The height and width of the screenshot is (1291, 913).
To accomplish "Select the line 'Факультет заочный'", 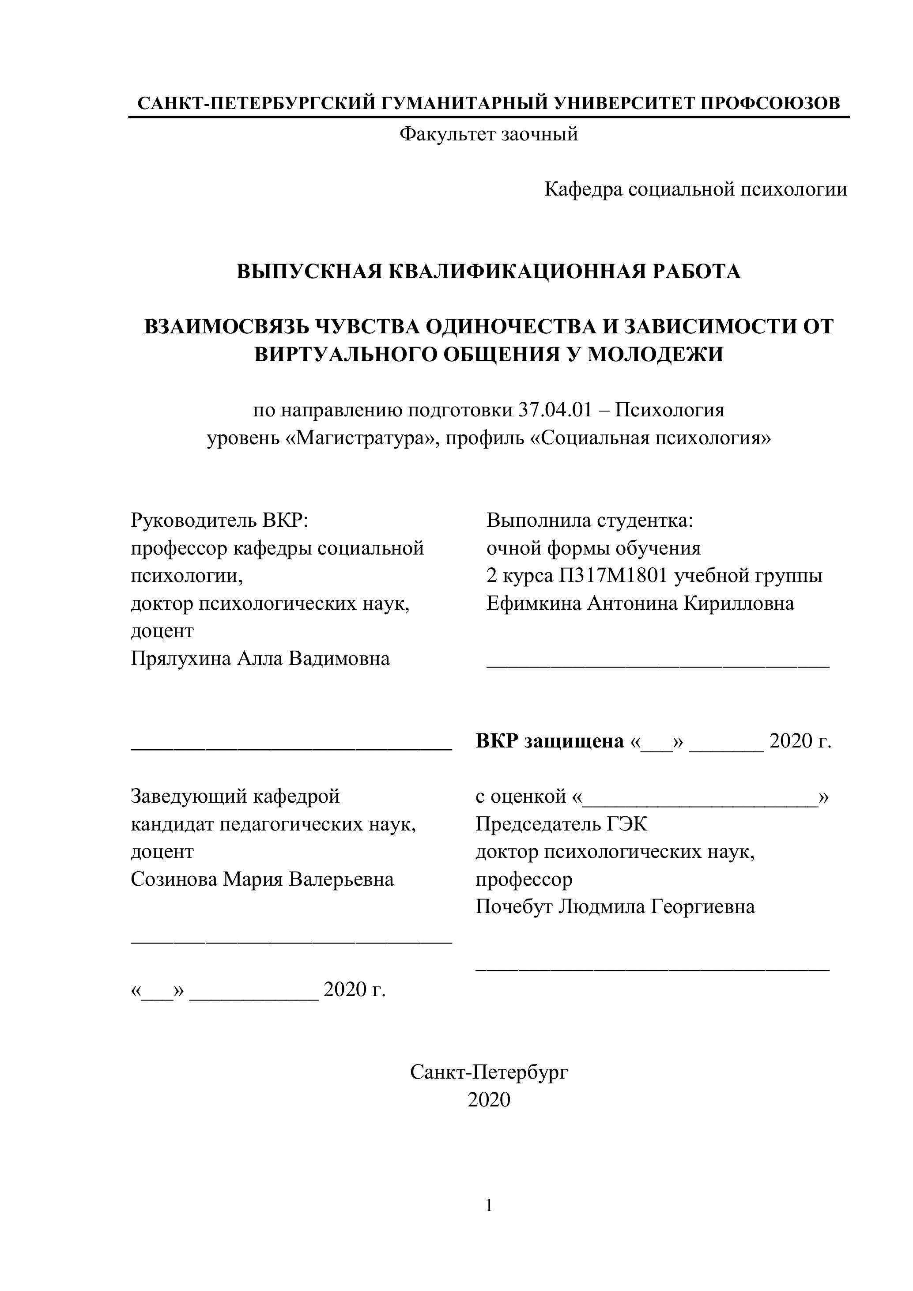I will pyautogui.click(x=489, y=134).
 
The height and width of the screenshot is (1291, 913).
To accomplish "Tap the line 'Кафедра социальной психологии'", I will pyautogui.click(x=695, y=189).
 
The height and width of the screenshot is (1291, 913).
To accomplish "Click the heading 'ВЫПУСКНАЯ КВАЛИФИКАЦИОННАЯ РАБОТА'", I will pyautogui.click(x=489, y=272).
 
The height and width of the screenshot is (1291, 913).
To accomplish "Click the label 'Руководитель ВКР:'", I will pyautogui.click(x=220, y=520).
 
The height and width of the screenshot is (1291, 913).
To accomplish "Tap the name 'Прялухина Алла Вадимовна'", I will pyautogui.click(x=260, y=658).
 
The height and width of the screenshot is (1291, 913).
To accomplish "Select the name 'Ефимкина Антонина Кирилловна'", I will pyautogui.click(x=640, y=603).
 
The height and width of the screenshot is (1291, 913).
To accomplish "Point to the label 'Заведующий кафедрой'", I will pyautogui.click(x=235, y=796).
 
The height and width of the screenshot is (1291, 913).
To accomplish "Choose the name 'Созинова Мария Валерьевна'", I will pyautogui.click(x=262, y=879).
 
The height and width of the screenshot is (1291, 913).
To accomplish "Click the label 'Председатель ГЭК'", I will pyautogui.click(x=561, y=824).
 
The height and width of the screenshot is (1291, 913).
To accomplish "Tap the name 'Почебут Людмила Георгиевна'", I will pyautogui.click(x=615, y=906).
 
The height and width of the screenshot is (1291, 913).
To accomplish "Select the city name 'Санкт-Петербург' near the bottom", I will pyautogui.click(x=489, y=1072).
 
